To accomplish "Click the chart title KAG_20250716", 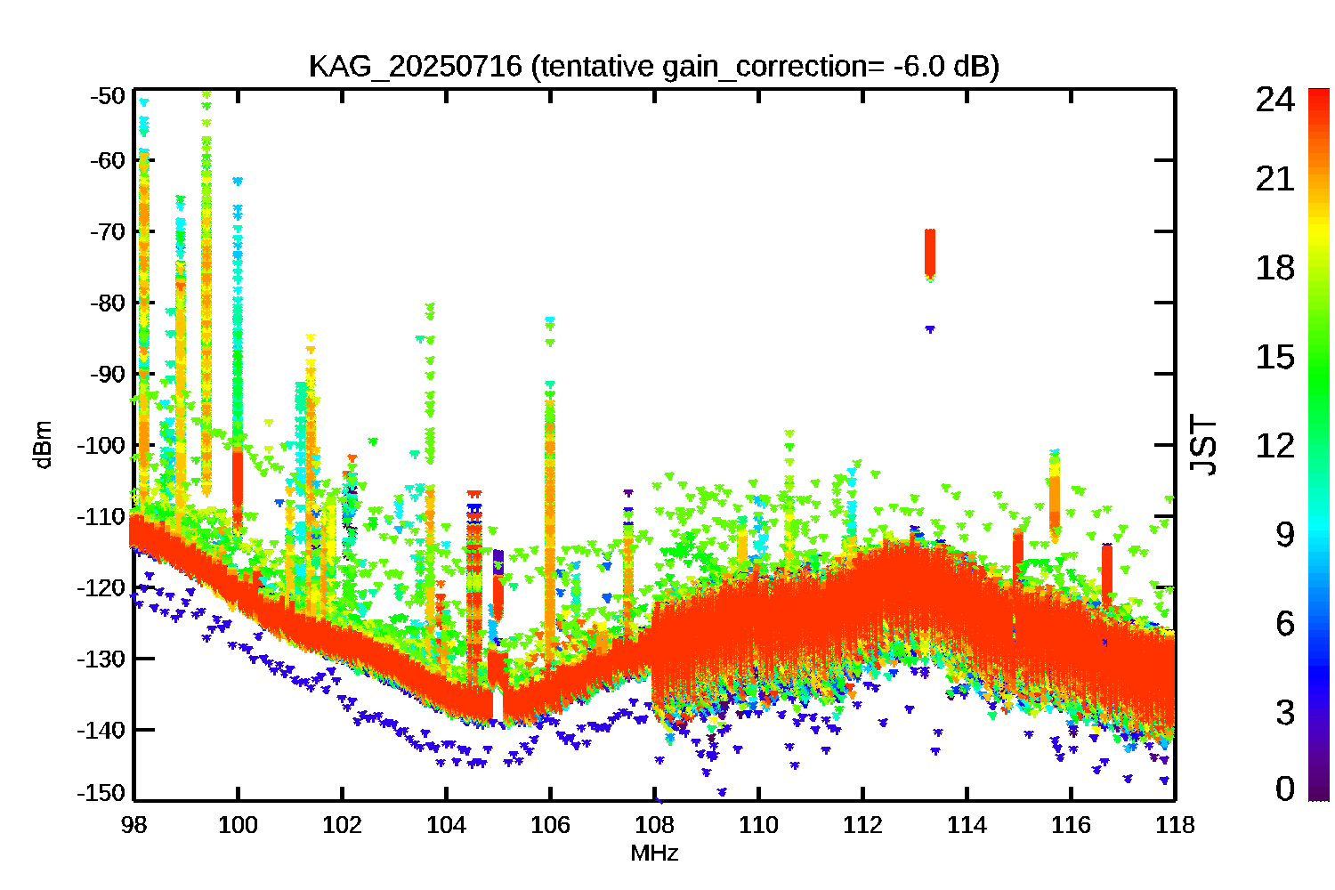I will (x=415, y=67).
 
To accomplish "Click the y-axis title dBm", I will (x=42, y=444).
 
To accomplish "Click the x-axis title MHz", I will (x=654, y=854).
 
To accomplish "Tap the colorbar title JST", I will (x=1203, y=445).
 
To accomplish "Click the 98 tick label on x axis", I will (x=133, y=825).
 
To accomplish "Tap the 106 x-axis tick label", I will (x=550, y=825).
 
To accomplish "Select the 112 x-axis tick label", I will (x=862, y=825).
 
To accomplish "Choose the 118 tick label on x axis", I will (x=1175, y=825).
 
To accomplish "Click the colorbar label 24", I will (x=1274, y=100).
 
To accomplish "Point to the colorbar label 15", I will (x=1274, y=357).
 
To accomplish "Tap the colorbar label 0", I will (x=1284, y=789).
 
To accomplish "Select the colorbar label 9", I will (x=1284, y=534).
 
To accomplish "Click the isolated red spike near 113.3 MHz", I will (x=930, y=253).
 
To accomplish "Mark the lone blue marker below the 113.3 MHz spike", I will (x=930, y=329).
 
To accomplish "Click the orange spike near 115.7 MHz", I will (x=1055, y=494).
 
